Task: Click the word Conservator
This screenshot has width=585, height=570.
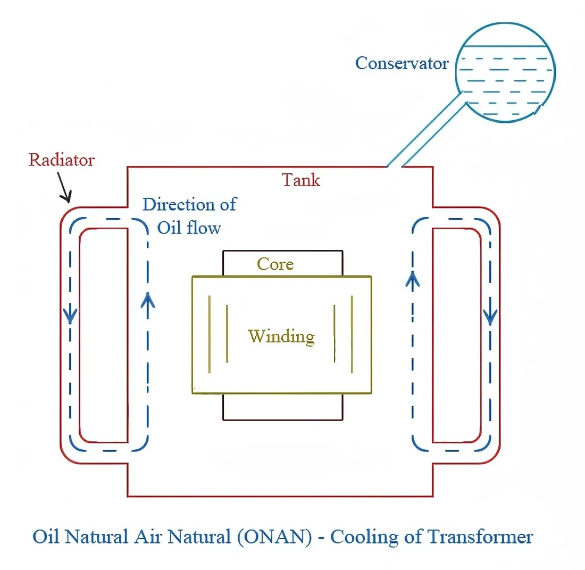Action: point(402,63)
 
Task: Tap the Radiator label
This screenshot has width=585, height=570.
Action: point(61,160)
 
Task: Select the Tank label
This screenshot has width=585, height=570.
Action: point(301,180)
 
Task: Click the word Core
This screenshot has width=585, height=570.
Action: point(275,264)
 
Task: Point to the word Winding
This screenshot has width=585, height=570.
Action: point(281,336)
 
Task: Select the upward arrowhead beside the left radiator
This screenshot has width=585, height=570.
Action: point(148,300)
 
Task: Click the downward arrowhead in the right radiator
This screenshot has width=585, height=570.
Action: point(490,317)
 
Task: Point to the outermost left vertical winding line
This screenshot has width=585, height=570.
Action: point(210,333)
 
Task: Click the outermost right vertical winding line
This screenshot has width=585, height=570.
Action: point(352,333)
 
